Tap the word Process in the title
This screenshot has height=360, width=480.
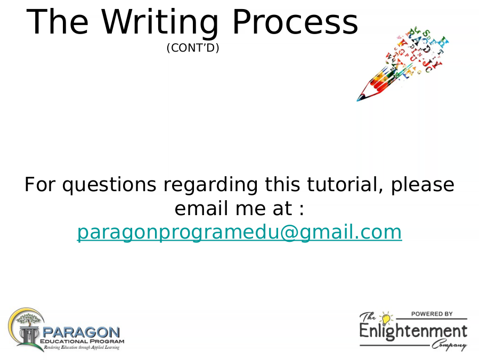click(295, 22)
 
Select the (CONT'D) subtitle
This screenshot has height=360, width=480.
click(193, 48)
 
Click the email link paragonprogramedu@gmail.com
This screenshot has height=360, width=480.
click(239, 233)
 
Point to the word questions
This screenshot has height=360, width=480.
click(109, 185)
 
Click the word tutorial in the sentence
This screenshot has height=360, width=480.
click(345, 184)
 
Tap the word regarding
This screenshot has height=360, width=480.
click(210, 185)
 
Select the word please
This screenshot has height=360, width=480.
click(422, 185)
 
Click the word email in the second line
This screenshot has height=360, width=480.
click(201, 208)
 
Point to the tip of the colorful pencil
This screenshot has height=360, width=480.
click(357, 101)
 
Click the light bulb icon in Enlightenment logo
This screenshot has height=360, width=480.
click(386, 318)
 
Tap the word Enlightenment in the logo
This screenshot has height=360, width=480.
click(413, 332)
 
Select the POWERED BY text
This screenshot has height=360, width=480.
click(432, 314)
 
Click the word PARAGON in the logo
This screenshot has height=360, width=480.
click(81, 332)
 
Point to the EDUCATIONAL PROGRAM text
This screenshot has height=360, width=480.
click(82, 341)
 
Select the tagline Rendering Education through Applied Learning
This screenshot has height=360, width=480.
click(82, 347)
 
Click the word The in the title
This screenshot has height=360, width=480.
click(58, 22)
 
